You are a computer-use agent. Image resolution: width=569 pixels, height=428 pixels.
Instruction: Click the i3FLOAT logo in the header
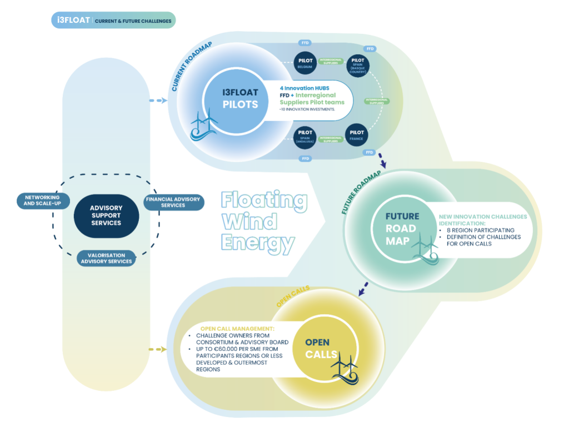point(71,21)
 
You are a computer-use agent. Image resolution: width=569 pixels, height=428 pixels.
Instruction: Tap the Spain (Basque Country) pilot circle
point(358,66)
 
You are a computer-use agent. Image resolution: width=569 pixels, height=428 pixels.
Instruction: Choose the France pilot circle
point(357,134)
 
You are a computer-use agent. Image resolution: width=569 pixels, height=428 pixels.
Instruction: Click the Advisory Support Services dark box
point(106,215)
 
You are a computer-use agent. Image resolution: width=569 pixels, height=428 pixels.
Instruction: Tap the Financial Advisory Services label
point(173,202)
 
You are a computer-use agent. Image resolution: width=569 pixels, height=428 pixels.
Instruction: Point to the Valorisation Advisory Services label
point(106,258)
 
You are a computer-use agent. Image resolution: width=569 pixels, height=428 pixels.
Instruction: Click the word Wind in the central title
point(249,221)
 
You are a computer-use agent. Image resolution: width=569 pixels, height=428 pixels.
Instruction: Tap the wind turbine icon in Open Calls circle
point(345,369)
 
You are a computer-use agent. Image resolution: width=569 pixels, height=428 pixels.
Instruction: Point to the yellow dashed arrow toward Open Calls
point(158,349)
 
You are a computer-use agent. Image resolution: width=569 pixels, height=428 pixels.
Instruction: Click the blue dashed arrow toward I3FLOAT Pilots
point(158,100)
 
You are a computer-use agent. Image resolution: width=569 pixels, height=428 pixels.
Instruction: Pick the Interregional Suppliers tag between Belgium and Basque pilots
point(331,62)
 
